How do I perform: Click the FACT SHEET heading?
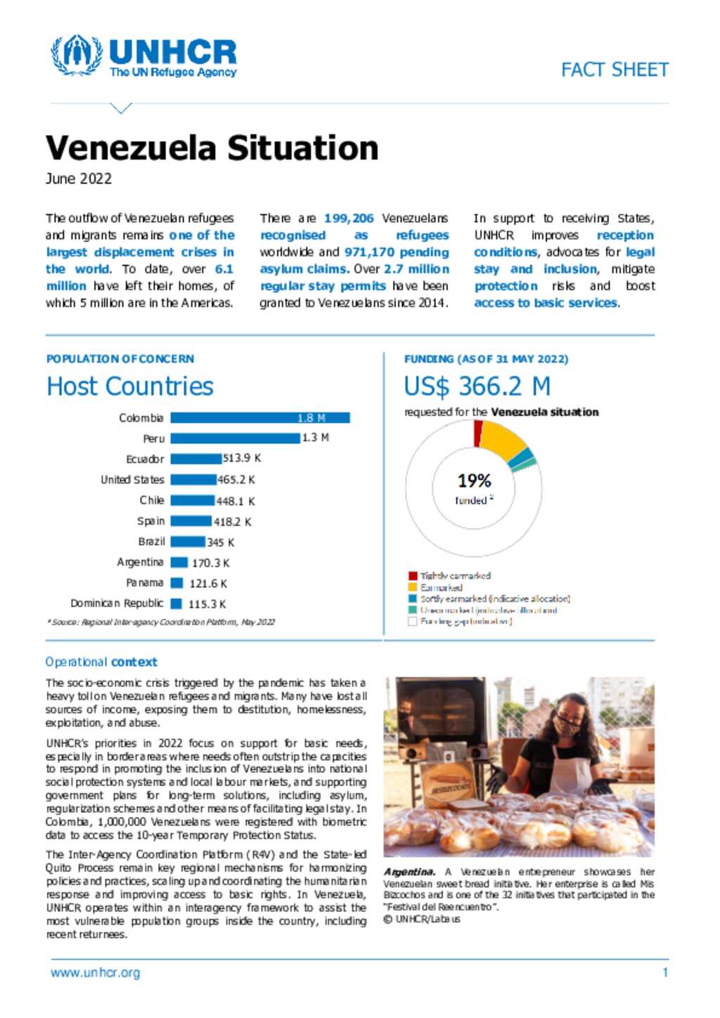coord(614,70)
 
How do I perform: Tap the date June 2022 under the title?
coord(79,178)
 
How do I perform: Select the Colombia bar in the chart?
coord(259,418)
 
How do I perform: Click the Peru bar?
coord(235,438)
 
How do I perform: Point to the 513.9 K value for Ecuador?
coord(242,458)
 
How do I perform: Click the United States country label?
coord(132,480)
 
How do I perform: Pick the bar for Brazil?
coord(188,542)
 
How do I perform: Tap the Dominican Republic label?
coord(117,603)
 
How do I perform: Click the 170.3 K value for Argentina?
coord(211,563)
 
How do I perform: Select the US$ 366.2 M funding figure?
coord(477,386)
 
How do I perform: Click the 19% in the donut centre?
coord(474,481)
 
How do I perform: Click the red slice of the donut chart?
coord(478,433)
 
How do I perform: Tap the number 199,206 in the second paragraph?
coord(349,218)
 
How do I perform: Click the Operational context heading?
coord(101,662)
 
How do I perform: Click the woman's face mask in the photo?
coord(566,725)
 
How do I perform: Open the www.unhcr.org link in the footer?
coord(95,973)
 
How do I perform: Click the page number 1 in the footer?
coord(664,973)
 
